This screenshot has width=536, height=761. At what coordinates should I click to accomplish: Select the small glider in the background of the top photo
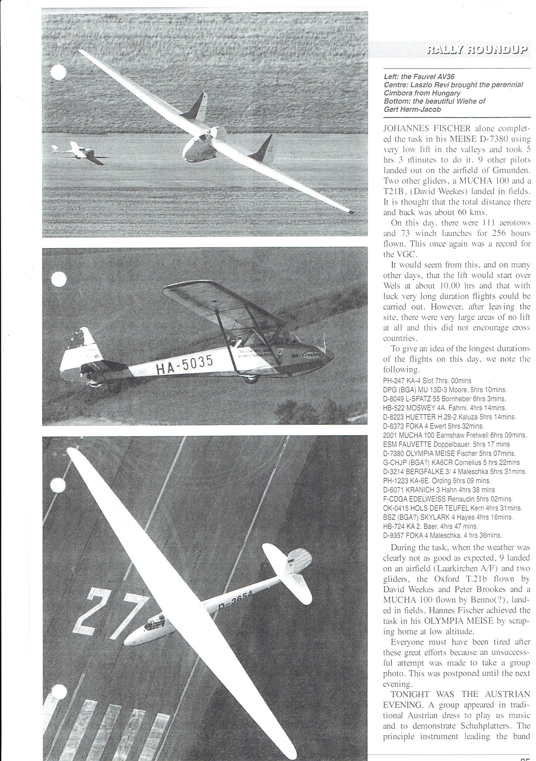coord(77,152)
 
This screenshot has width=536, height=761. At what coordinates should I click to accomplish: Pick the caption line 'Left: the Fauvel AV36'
coord(412,76)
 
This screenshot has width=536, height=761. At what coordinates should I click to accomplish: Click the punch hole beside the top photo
coord(58,73)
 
